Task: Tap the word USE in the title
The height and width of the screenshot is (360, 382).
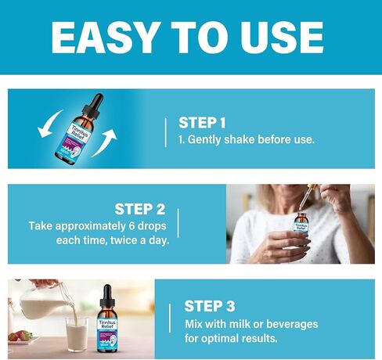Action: pyautogui.click(x=284, y=36)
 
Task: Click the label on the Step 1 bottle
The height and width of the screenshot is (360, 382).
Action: pyautogui.click(x=77, y=135)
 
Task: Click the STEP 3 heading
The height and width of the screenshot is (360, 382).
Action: pyautogui.click(x=209, y=306)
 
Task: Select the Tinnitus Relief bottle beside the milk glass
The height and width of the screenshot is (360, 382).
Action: pyautogui.click(x=108, y=321)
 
